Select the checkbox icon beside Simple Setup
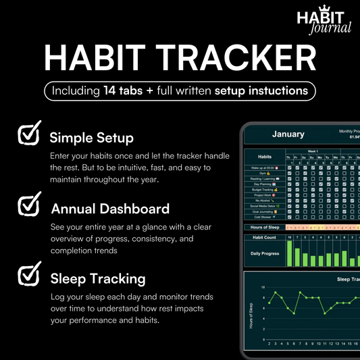[x=29, y=136]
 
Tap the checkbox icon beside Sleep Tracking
[x=29, y=275]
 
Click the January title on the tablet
[x=288, y=134]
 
